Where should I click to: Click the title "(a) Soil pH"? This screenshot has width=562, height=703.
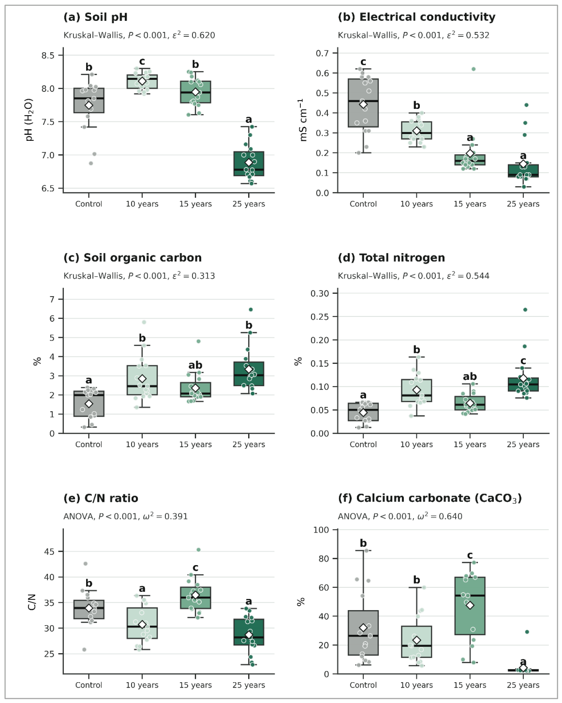[x=95, y=17]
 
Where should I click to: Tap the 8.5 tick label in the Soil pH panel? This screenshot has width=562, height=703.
[x=48, y=55]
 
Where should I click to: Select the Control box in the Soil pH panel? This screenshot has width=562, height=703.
[x=89, y=100]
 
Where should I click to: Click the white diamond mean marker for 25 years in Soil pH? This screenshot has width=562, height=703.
[x=249, y=163]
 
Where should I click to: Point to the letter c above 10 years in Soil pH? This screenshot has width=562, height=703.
[x=142, y=61]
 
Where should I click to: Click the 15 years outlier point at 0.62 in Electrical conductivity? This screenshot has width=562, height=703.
[x=473, y=69]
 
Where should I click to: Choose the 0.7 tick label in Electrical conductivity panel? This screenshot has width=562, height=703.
[x=322, y=53]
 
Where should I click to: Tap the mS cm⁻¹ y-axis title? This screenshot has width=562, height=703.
[x=303, y=120]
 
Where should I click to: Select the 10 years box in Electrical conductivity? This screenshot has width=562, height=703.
[x=417, y=130]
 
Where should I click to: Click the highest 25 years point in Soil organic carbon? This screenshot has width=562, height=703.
[x=251, y=309]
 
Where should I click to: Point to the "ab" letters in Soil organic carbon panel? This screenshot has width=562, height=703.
[x=195, y=365]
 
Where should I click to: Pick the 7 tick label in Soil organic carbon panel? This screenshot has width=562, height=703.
[x=52, y=299]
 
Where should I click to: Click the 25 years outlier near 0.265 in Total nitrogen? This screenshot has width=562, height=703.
[x=525, y=310]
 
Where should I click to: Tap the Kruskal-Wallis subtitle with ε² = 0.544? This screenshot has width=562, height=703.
[x=414, y=276]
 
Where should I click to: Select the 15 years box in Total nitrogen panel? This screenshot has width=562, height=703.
[x=470, y=403]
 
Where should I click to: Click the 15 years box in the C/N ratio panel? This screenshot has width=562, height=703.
[x=195, y=598]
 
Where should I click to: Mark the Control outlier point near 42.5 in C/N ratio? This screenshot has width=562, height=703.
[x=86, y=564]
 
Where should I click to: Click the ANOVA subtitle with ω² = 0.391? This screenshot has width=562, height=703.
[x=126, y=516]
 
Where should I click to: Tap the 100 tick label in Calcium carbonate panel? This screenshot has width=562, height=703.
[x=321, y=530]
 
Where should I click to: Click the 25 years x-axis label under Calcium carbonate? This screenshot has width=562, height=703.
[x=523, y=685]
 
